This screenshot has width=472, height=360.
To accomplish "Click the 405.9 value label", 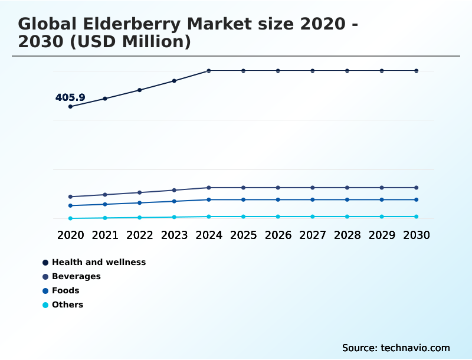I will pyautogui.click(x=70, y=97).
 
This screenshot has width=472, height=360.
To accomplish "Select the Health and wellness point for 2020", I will pyautogui.click(x=70, y=106).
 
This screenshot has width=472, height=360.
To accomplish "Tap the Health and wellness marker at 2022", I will pyautogui.click(x=140, y=90).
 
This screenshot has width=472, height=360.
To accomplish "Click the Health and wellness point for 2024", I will pyautogui.click(x=209, y=71).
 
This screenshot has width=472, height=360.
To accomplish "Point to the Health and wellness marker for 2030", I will pyautogui.click(x=417, y=71).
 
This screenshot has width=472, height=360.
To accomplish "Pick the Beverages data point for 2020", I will pyautogui.click(x=70, y=197).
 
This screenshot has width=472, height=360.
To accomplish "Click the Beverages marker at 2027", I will pyautogui.click(x=313, y=188).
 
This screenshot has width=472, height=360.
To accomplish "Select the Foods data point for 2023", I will pyautogui.click(x=174, y=201).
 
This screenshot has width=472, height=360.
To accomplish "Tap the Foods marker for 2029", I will pyautogui.click(x=382, y=199).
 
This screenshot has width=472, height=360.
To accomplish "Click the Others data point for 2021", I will pyautogui.click(x=105, y=218).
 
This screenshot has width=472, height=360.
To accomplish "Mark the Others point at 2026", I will pyautogui.click(x=278, y=217).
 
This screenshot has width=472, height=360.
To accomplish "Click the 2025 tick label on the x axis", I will pyautogui.click(x=243, y=235).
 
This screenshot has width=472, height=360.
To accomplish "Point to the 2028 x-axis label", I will pyautogui.click(x=347, y=235).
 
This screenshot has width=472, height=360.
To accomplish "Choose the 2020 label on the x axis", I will pyautogui.click(x=70, y=235).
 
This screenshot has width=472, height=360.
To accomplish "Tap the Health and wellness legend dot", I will pyautogui.click(x=45, y=262).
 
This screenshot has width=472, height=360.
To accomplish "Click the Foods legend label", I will pyautogui.click(x=65, y=290).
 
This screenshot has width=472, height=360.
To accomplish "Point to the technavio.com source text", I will pyautogui.click(x=415, y=348).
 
